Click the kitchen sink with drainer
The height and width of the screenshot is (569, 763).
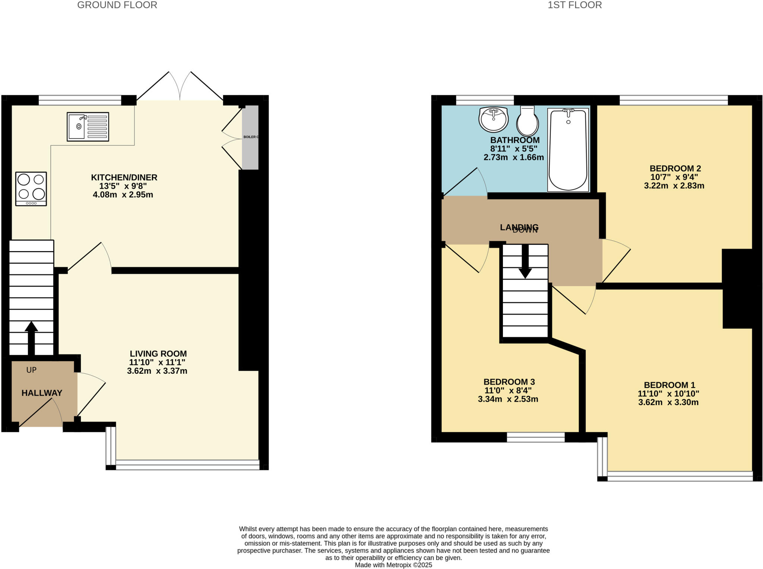point(88,127)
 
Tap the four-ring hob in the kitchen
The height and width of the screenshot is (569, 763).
point(31,189)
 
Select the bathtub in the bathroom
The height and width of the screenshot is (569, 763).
point(568,150)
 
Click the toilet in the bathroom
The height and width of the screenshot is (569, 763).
point(527,121)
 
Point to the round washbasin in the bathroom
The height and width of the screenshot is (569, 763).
point(493,119)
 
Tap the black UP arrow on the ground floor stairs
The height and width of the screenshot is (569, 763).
point(31,337)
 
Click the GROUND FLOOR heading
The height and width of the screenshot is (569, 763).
point(117,5)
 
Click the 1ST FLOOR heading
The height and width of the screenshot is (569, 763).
point(574,5)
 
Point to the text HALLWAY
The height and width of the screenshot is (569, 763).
point(42,393)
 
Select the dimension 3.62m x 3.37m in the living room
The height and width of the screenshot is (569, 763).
point(157,371)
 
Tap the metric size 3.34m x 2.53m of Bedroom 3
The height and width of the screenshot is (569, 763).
point(508,399)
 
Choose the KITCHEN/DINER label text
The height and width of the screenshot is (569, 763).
point(124,177)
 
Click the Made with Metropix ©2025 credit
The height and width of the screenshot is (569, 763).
point(393,565)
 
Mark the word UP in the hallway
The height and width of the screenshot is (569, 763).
point(31,370)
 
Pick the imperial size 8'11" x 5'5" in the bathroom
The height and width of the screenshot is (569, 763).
point(513,149)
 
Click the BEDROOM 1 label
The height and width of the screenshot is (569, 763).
point(669,385)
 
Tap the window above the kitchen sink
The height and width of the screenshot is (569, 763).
point(80,100)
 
